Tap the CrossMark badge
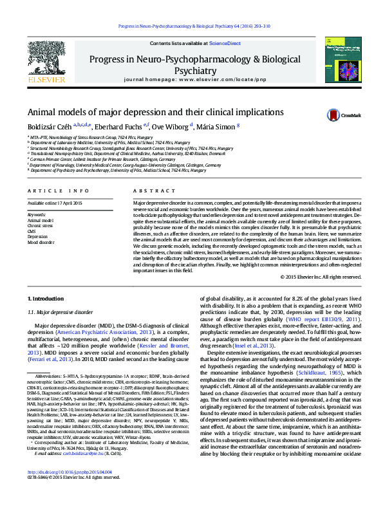coord(338,114)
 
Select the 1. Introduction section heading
coord(49,299)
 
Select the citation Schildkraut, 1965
coord(332,373)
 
